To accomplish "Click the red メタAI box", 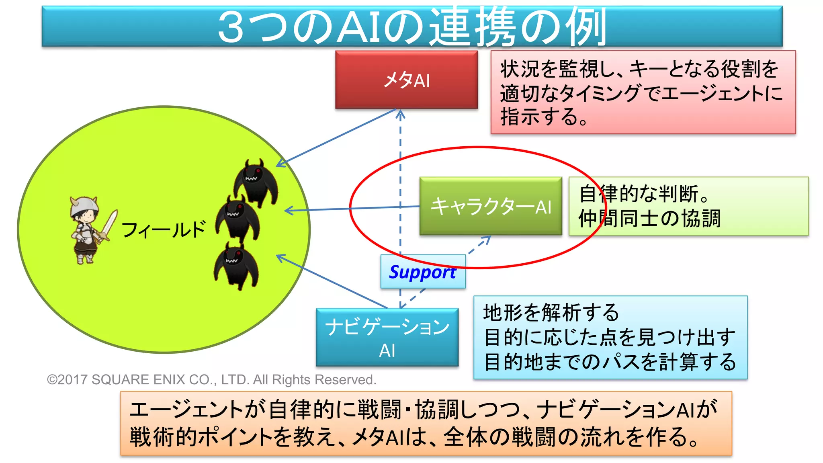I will point(406,80).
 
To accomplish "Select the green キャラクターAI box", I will point(490,206).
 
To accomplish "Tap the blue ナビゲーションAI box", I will point(387,337).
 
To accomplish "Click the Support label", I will point(423,272).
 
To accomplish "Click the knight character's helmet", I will point(84,205).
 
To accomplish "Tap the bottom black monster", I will point(236,265).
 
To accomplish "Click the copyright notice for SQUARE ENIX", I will point(211,380).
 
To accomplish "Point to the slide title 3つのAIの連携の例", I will point(412,27).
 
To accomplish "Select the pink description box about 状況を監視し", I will point(643,92).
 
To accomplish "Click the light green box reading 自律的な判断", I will point(688,206).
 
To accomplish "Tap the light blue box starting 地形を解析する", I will point(610,338).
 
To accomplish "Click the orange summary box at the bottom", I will point(426,423).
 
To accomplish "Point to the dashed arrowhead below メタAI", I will point(400,115).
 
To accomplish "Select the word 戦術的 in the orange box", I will point(163,437).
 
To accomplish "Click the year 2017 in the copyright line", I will point(73,380).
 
